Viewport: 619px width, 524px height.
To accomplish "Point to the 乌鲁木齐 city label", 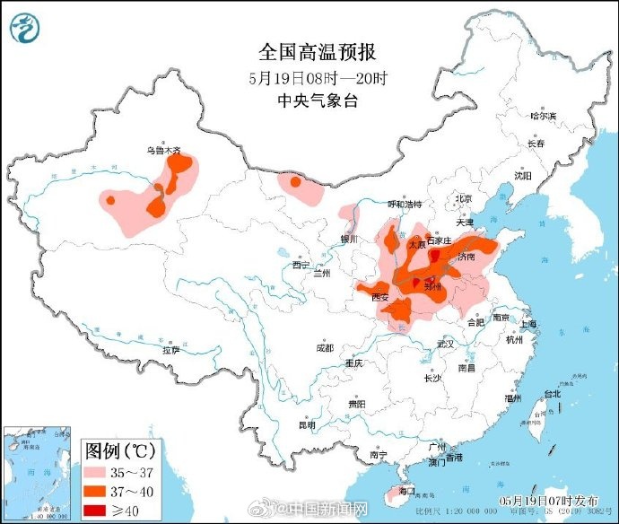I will (x=162, y=151).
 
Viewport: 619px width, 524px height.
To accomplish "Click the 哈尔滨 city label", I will (x=544, y=116).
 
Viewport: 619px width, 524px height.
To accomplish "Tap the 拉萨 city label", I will (x=170, y=350).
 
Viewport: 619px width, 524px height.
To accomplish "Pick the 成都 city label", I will (x=325, y=347).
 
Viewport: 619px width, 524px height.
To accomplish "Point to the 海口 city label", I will (x=406, y=491).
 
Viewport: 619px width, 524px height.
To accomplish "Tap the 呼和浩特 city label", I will (x=404, y=205).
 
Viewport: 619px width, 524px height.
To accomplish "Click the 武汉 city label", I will (x=446, y=344).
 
